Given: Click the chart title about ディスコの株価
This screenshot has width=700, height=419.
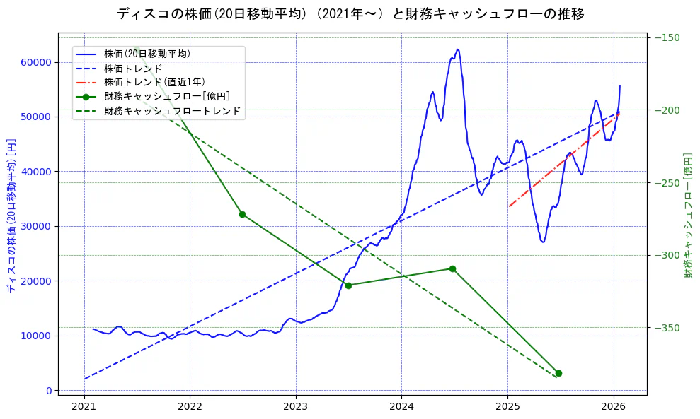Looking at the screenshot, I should click(x=350, y=14).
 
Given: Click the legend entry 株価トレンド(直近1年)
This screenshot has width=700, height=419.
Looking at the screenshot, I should click(x=154, y=82).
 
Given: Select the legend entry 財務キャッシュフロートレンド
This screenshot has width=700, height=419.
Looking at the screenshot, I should click(x=172, y=111).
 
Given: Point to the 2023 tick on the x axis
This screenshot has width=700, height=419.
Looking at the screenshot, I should click(x=295, y=406).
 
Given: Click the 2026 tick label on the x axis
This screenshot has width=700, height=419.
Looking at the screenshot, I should click(x=613, y=406).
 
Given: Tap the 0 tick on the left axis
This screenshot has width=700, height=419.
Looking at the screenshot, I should click(x=49, y=391).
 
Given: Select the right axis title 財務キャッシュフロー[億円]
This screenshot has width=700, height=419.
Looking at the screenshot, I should click(x=687, y=216).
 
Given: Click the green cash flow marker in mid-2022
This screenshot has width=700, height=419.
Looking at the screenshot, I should click(x=242, y=214).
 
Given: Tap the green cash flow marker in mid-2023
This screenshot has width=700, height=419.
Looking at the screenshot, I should click(x=348, y=285).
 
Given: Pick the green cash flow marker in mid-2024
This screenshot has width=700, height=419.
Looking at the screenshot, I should click(x=452, y=268).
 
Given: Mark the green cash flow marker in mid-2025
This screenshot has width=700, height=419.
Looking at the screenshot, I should click(x=558, y=373).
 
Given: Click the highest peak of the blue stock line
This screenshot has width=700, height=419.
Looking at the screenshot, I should click(x=457, y=49).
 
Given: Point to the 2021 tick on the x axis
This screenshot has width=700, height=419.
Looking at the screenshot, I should click(x=84, y=406).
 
